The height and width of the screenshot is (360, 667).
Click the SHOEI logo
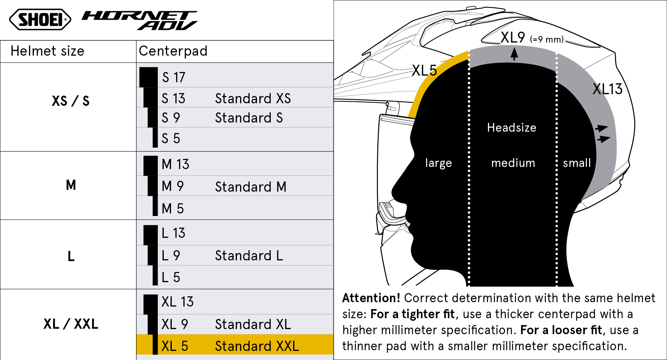40,20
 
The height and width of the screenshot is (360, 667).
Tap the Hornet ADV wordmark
140,20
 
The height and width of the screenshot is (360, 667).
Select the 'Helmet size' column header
47,51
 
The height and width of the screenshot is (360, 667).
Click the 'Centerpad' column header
173,51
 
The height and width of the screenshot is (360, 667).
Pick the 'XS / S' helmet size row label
71,101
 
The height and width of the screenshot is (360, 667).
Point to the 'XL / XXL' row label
71,324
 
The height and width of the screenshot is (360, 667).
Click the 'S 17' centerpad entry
174,77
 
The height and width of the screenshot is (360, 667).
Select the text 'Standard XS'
253,99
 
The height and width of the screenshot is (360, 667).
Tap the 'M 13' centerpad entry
175,164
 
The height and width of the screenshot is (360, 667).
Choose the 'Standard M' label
251,187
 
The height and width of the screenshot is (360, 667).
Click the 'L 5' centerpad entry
171,277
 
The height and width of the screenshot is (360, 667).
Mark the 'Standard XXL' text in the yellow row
257,346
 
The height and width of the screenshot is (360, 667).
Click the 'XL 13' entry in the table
178,302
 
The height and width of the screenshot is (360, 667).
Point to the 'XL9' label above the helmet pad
513,37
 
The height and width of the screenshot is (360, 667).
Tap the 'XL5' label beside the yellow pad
424,71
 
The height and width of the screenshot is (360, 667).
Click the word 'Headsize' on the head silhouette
512,128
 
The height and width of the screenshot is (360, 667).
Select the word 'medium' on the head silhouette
513,163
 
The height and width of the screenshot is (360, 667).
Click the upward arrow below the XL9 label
514,54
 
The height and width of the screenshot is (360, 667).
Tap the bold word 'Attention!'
371,298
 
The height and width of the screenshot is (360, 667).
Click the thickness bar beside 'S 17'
148,77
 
